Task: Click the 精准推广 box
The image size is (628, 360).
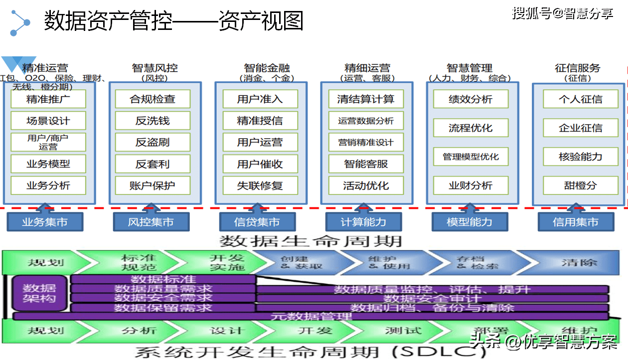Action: click(48, 99)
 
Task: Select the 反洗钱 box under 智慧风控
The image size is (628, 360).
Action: click(153, 121)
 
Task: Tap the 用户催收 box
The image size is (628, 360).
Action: click(260, 164)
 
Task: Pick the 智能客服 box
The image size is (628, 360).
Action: click(365, 164)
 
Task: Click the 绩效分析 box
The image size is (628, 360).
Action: click(471, 99)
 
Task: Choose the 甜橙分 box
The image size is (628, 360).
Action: click(580, 185)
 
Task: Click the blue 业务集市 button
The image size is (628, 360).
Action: click(45, 222)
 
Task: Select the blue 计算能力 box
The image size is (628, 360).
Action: click(363, 222)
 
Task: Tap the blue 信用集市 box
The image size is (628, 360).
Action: click(575, 222)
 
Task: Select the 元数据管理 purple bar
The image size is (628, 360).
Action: click(311, 316)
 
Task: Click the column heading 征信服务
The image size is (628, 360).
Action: click(578, 68)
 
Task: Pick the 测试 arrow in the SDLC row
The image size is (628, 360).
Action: click(403, 331)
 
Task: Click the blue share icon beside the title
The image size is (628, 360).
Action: click(20, 21)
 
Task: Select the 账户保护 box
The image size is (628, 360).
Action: click(153, 185)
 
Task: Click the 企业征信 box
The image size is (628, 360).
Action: click(580, 128)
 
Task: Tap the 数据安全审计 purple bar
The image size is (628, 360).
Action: click(432, 299)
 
